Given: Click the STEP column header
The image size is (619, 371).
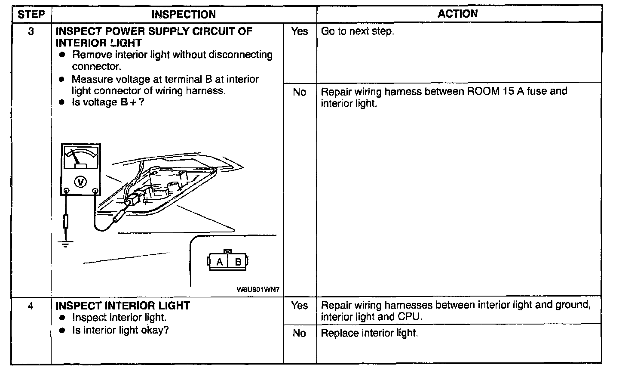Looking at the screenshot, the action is [31, 14].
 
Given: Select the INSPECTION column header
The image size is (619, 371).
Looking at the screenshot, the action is [184, 14].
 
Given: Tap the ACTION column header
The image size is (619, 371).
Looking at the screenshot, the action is [457, 14].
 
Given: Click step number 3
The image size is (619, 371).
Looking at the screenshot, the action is [31, 31].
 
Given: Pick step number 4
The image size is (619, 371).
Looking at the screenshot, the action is [31, 306].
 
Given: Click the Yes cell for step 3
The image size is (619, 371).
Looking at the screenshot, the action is [299, 31].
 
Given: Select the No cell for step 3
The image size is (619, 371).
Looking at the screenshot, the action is [299, 92].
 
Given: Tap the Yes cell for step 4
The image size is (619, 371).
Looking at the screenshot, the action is [299, 306].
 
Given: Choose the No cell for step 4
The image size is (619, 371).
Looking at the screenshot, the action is [299, 333].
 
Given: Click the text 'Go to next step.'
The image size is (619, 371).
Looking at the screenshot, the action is [358, 31].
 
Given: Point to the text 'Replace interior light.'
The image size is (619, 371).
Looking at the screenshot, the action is [369, 333].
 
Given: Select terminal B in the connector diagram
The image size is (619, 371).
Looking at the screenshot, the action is [238, 262].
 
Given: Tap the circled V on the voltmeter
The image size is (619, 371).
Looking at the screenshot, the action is [80, 182].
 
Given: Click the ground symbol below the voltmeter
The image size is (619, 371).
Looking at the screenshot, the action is [65, 244].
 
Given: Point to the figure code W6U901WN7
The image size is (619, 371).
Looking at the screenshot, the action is [258, 290].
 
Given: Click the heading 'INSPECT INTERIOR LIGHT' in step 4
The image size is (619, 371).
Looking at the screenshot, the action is [123, 306].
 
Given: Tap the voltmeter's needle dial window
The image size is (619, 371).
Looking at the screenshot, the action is [81, 158].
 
